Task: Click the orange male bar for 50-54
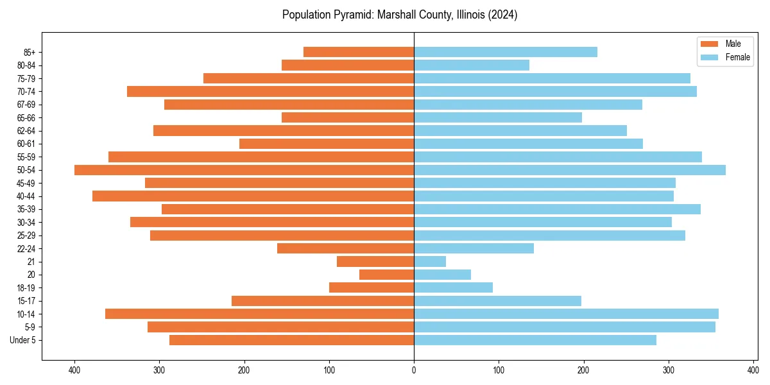(x=244, y=170)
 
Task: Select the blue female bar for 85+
(x=506, y=52)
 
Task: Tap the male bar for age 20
(x=386, y=275)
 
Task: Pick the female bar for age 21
(x=430, y=261)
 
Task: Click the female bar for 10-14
(x=566, y=314)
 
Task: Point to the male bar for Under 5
(x=291, y=340)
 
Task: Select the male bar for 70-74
(x=270, y=91)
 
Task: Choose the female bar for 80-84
(x=472, y=65)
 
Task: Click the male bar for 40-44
(x=253, y=196)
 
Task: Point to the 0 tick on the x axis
(x=414, y=370)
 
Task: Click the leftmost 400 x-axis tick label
(x=74, y=370)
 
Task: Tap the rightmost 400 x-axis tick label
(x=753, y=370)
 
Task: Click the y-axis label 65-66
(x=27, y=117)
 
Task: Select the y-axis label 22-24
(x=27, y=248)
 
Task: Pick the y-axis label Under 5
(x=23, y=340)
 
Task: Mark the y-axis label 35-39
(x=27, y=209)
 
